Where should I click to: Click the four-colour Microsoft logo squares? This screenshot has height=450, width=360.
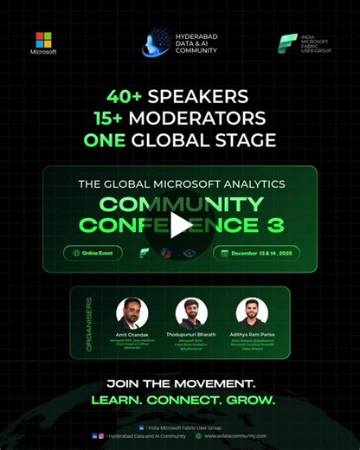[43, 39]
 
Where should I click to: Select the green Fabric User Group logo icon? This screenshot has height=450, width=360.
[287, 44]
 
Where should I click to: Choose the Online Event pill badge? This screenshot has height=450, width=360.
[93, 254]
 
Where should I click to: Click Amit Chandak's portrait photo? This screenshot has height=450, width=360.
[132, 312]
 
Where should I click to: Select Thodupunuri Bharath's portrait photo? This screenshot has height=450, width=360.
[191, 312]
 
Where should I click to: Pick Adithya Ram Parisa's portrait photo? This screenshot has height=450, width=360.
[252, 312]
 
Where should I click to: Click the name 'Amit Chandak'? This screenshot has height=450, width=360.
[132, 334]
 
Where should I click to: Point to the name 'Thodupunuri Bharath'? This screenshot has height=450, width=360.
[191, 334]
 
